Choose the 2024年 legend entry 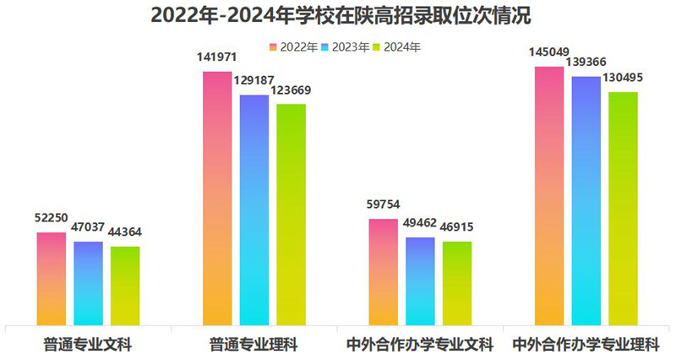(x=396, y=47)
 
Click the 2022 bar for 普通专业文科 (x=51, y=279)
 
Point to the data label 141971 (x=217, y=57)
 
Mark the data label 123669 (x=292, y=90)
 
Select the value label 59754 (x=384, y=205)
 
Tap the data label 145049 (x=548, y=52)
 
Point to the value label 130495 (x=623, y=78)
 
